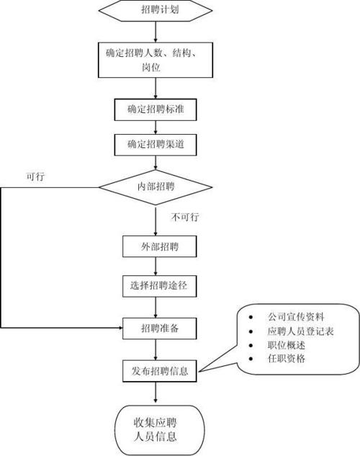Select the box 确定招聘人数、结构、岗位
click(x=156, y=58)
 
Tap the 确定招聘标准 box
click(x=156, y=110)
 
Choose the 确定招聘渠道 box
click(x=156, y=144)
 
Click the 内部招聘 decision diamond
click(x=156, y=187)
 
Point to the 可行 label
click(x=35, y=176)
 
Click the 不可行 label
click(x=184, y=217)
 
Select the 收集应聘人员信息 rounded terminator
click(x=156, y=429)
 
